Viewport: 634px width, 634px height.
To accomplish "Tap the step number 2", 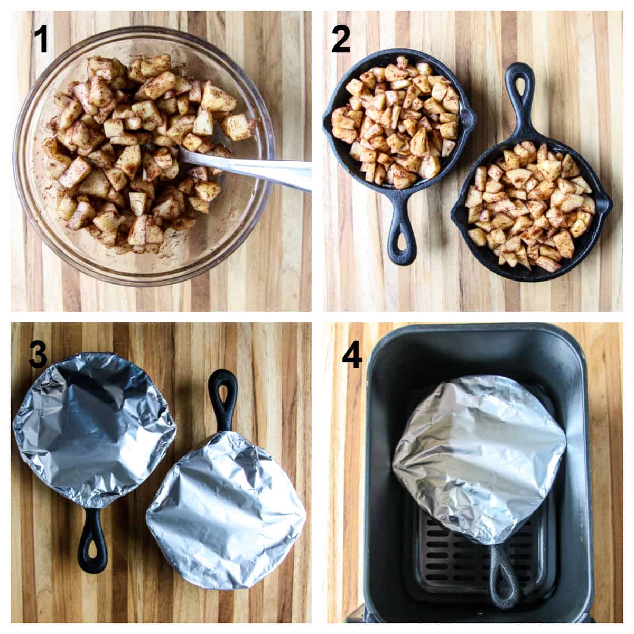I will [341, 39].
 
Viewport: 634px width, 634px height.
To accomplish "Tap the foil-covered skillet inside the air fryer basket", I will [478, 449].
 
